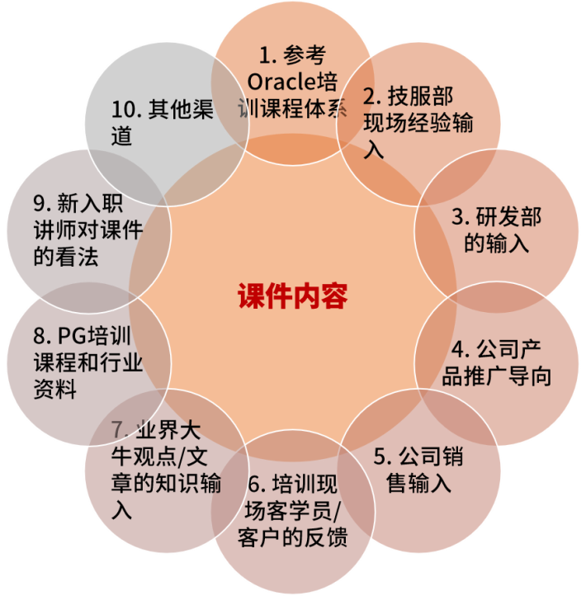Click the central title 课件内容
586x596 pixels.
293,296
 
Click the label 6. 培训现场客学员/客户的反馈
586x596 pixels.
292,509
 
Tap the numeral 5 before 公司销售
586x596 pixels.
380,457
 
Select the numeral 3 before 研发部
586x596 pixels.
457,218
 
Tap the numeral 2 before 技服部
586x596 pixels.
370,97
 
